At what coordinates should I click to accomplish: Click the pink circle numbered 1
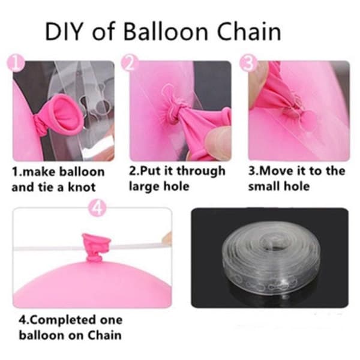16,62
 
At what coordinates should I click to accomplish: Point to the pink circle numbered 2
129,62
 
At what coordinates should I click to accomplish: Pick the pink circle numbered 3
248,62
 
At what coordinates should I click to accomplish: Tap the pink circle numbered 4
97,208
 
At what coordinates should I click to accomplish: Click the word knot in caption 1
82,187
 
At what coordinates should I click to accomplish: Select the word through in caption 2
200,171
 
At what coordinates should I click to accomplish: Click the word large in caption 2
143,186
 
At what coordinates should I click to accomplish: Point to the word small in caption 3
264,186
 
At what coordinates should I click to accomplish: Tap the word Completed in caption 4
62,320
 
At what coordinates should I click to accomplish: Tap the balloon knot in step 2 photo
172,113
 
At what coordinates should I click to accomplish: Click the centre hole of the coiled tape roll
274,244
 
